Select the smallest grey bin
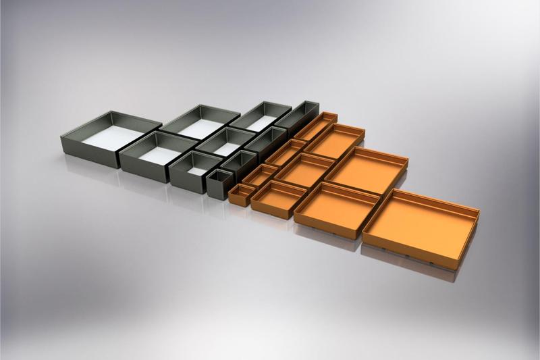click(x=220, y=183)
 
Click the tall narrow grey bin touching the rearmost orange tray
click(x=297, y=118)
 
